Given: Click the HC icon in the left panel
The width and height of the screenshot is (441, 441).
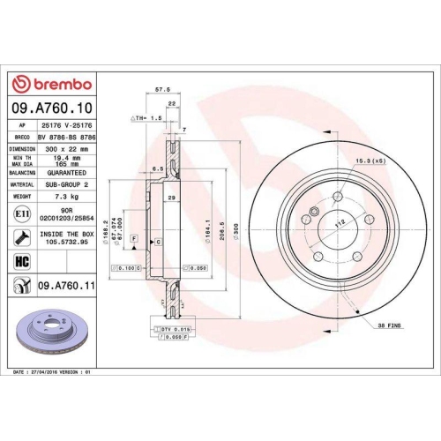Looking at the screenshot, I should [x=21, y=262].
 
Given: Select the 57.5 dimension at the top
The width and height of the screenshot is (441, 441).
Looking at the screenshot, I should [x=161, y=89].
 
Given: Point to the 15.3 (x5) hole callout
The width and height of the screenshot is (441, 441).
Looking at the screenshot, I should [x=370, y=159].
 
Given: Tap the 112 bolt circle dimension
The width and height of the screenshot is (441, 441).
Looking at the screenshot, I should [x=336, y=225].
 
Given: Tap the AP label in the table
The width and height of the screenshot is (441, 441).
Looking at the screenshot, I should [x=20, y=125].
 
